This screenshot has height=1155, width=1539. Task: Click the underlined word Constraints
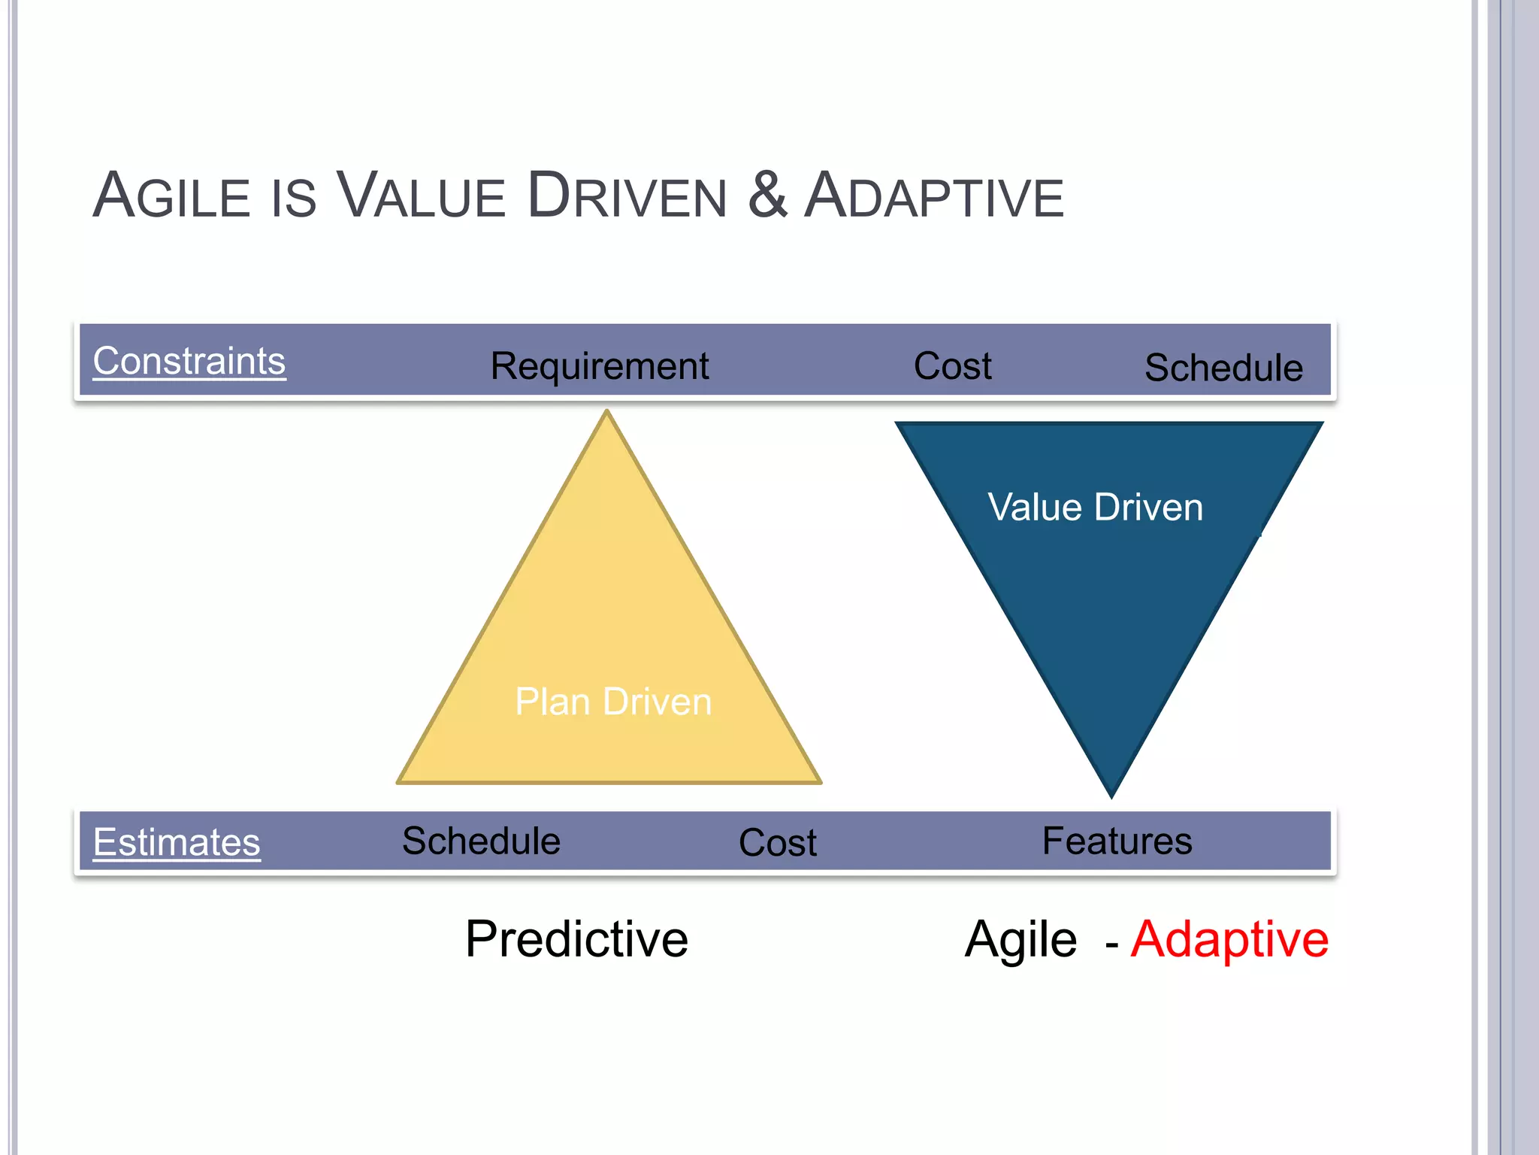click(x=189, y=361)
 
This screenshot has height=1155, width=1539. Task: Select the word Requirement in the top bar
click(x=599, y=366)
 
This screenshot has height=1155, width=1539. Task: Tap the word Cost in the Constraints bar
click(x=952, y=366)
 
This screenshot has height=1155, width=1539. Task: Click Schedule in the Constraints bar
click(x=1223, y=368)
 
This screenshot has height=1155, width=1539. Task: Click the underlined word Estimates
click(x=177, y=841)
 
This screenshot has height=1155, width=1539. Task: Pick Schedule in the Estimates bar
click(x=481, y=841)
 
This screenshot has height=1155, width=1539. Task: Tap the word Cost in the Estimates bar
click(x=777, y=842)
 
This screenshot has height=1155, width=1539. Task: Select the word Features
click(x=1117, y=841)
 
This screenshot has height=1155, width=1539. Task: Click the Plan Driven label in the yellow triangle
click(x=612, y=702)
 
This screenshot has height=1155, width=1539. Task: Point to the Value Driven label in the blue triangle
click(x=1095, y=507)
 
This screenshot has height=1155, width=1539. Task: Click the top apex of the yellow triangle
click(x=607, y=413)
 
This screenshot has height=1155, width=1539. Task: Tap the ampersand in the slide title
click(x=767, y=195)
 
